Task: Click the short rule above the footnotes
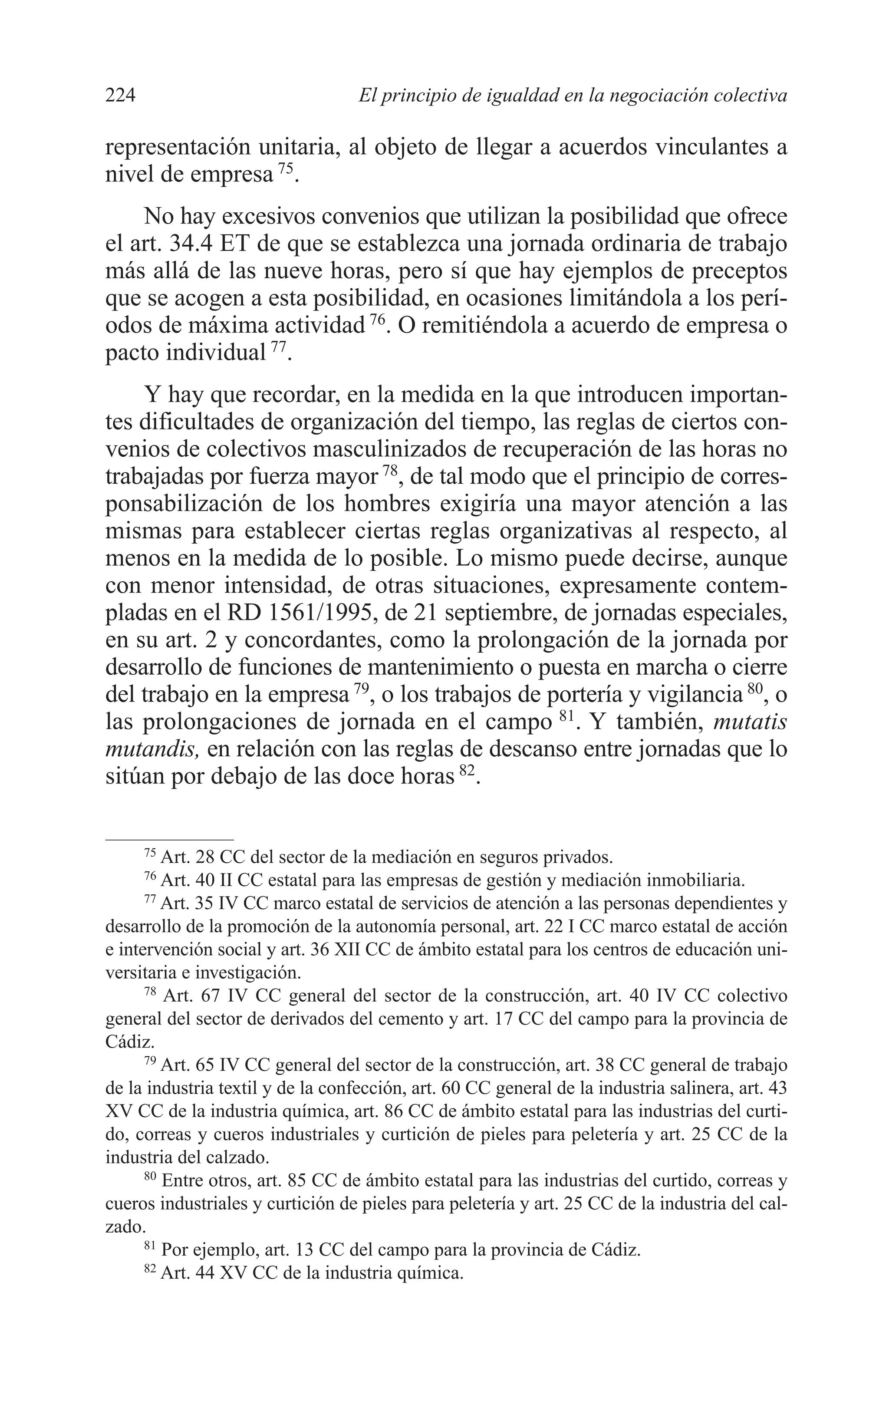(x=169, y=840)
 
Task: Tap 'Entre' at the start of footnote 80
(x=180, y=1180)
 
